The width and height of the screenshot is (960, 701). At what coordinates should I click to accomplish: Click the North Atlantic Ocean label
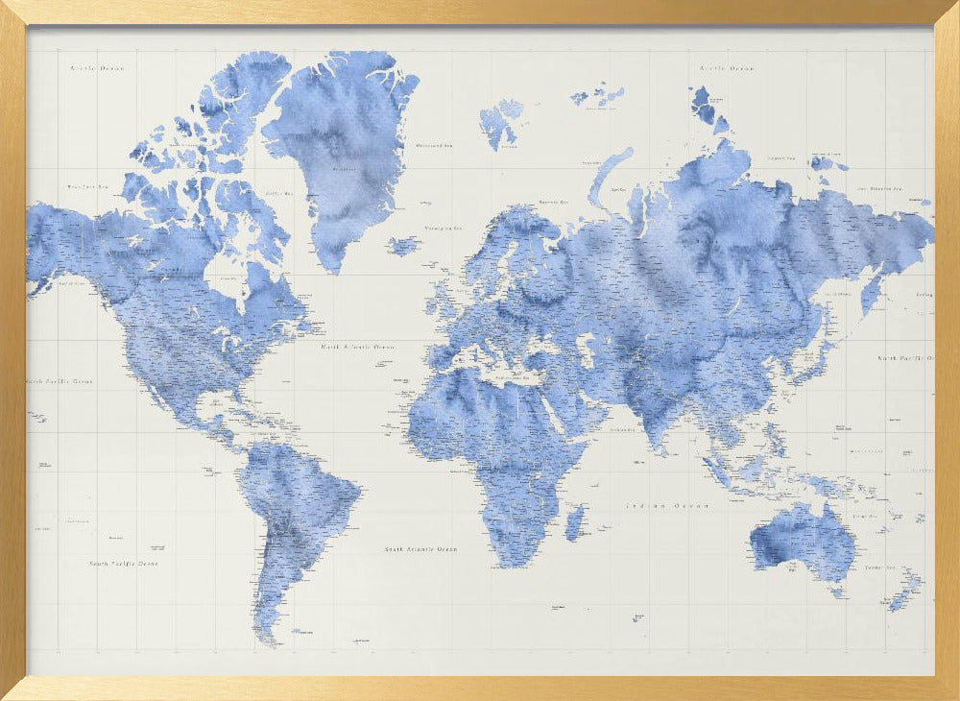pos(357,347)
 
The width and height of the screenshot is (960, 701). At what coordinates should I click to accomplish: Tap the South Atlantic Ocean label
pos(420,549)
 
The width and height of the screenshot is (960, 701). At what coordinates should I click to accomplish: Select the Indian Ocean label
pos(667,505)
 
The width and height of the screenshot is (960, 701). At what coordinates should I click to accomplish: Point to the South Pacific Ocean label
pos(124,564)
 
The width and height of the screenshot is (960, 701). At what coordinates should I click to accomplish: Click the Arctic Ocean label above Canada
pos(97,69)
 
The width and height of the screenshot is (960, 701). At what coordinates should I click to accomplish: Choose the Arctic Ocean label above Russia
pos(727,68)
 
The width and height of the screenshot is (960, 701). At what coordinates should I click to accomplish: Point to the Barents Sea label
pos(553,203)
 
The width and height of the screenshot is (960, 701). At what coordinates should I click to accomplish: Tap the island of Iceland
pos(403,246)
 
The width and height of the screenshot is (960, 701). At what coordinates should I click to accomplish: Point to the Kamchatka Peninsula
pos(875,288)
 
